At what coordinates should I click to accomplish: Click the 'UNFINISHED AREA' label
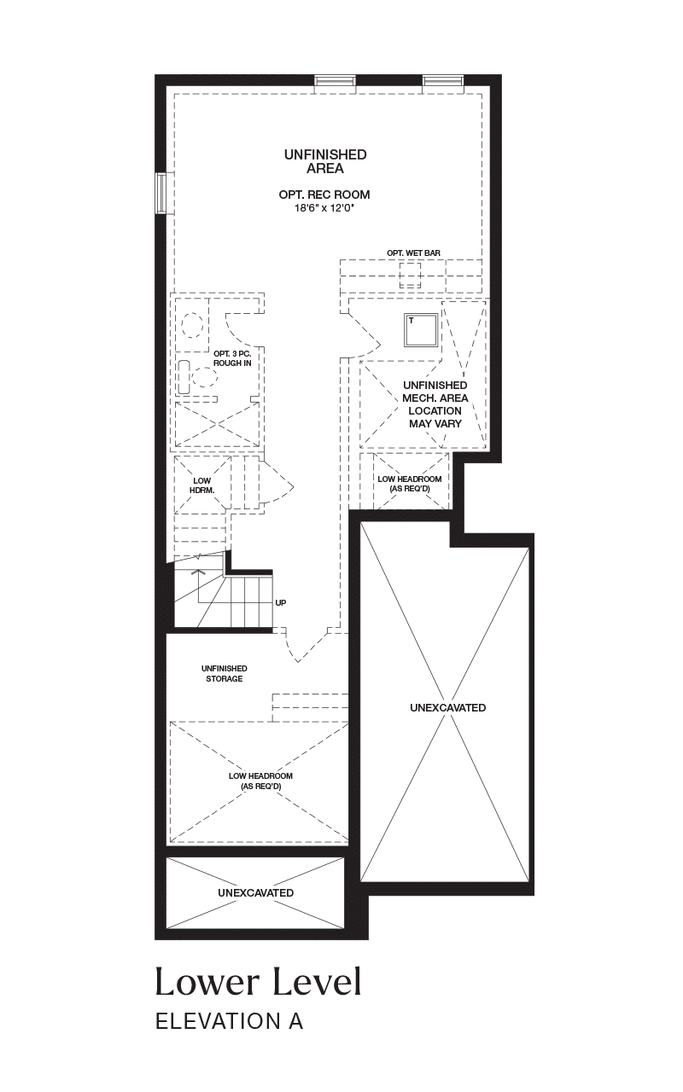click(x=325, y=161)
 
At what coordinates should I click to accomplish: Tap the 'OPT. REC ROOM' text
click(x=324, y=195)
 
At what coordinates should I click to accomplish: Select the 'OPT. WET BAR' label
click(x=413, y=253)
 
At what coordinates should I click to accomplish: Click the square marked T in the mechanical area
click(x=422, y=330)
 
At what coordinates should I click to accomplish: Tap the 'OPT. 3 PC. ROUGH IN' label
click(x=232, y=358)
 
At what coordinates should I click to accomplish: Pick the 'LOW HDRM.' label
click(x=202, y=485)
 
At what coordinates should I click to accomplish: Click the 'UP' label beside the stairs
click(x=281, y=602)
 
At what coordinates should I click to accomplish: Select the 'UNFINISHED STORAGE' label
click(x=224, y=673)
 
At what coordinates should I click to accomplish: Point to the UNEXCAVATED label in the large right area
click(x=448, y=707)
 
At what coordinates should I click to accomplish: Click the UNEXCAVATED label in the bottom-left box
click(x=255, y=892)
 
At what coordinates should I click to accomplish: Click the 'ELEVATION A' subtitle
click(x=230, y=1021)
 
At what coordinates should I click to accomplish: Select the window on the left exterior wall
click(x=161, y=193)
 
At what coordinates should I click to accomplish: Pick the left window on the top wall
click(x=335, y=80)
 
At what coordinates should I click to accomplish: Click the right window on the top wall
click(x=442, y=80)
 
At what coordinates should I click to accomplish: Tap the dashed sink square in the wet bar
click(x=410, y=276)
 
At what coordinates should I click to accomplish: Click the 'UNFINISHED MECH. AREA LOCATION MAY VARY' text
click(x=435, y=404)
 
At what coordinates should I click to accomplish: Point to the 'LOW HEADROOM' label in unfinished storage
click(x=260, y=781)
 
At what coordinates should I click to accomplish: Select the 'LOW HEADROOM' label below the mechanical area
click(x=409, y=484)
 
